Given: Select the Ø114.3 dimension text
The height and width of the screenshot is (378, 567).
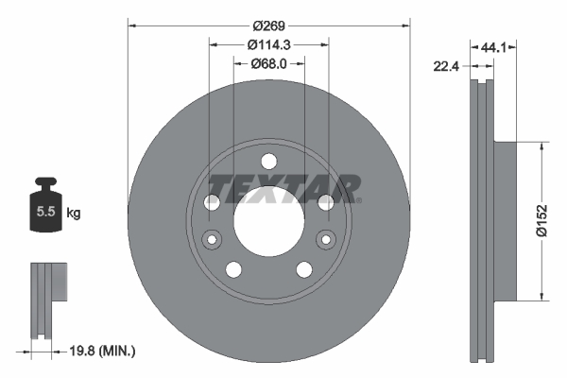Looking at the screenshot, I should click(x=268, y=43).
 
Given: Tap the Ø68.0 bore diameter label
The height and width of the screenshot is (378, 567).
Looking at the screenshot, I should click(x=268, y=63).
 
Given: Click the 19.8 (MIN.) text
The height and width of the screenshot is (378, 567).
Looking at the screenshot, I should click(x=104, y=352).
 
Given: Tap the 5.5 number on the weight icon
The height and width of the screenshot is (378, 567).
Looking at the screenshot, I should click(x=43, y=213).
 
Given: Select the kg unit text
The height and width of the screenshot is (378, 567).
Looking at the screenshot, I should click(x=74, y=214).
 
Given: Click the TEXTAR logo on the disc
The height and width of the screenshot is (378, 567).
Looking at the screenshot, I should click(x=283, y=188).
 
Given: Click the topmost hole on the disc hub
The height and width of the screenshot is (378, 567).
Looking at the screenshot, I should click(x=268, y=160).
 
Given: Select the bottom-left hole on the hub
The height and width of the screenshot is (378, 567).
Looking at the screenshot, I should click(x=233, y=269).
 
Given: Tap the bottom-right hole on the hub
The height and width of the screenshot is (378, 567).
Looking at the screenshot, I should click(x=304, y=269).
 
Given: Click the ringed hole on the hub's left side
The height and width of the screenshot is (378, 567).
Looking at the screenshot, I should click(x=212, y=237).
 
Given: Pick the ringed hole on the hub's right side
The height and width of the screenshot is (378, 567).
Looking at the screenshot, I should click(x=326, y=237).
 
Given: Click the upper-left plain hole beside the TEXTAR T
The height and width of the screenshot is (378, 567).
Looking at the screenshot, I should click(x=213, y=201).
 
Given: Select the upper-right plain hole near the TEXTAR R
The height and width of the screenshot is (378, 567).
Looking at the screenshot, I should click(x=325, y=201).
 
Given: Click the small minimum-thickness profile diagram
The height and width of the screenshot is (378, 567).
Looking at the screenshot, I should click(x=48, y=298).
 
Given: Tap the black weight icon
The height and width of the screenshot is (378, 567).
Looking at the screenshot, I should click(x=43, y=207).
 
